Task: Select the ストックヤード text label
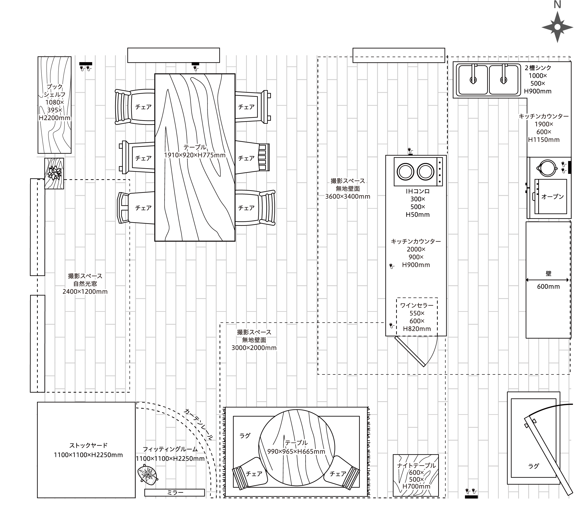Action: click(x=88, y=445)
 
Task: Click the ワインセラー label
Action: click(x=417, y=305)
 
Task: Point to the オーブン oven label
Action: click(x=552, y=196)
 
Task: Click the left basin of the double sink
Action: click(x=473, y=80)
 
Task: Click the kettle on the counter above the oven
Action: click(x=547, y=168)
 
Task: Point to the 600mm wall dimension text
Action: click(x=548, y=287)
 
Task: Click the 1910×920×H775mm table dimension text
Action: click(x=195, y=155)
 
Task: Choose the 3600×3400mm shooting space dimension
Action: click(x=348, y=196)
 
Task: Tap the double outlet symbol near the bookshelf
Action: click(x=86, y=67)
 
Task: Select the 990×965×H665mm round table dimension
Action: click(x=296, y=451)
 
